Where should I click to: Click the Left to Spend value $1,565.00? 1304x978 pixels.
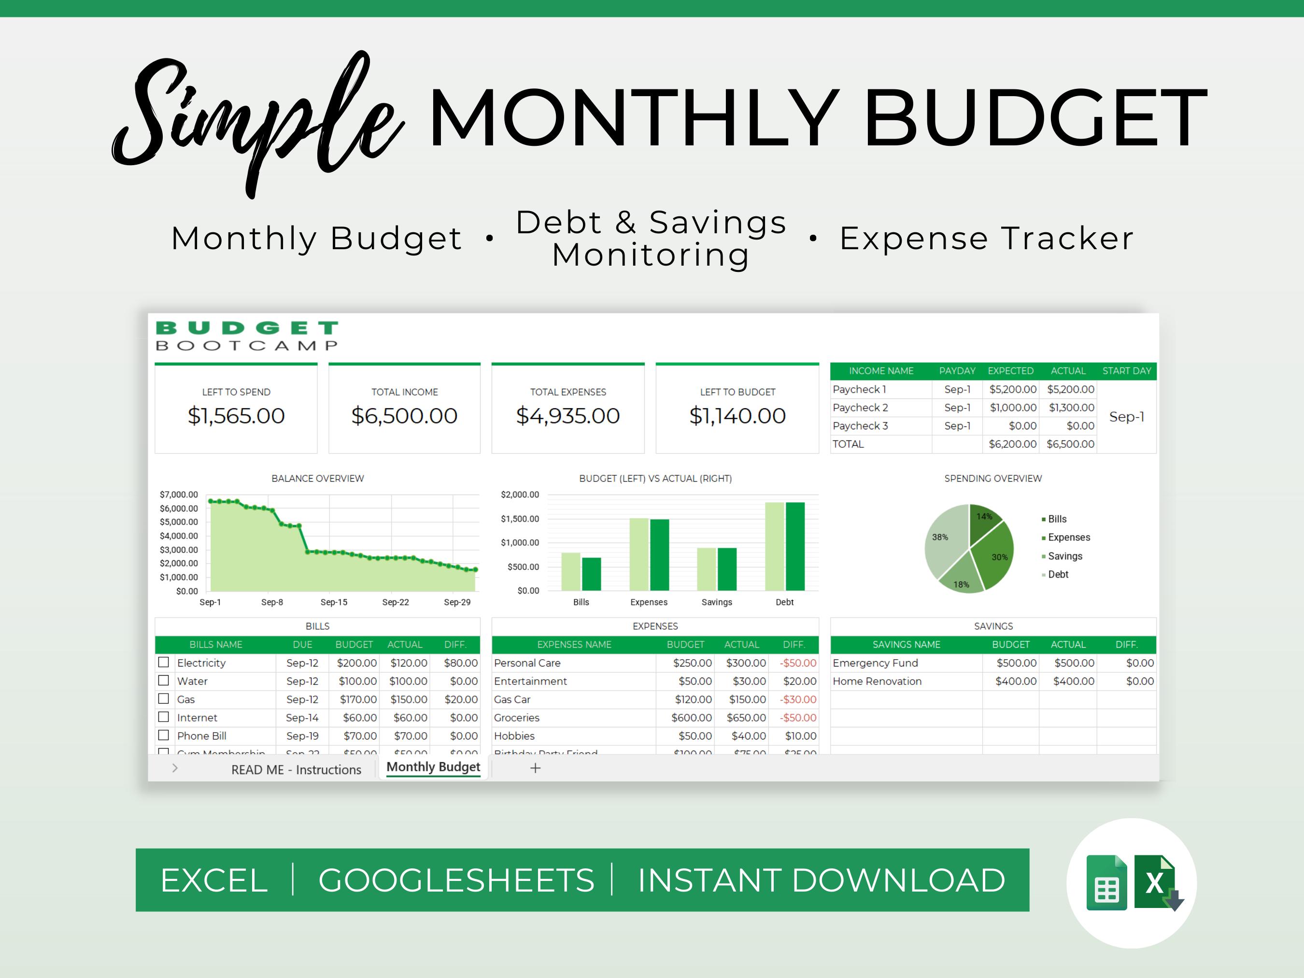236,416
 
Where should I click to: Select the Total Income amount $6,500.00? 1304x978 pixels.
404,416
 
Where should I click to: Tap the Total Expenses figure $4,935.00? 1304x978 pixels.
567,416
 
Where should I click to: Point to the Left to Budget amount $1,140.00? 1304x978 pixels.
737,416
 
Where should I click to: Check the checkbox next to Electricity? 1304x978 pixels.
164,662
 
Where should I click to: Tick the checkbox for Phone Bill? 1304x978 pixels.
164,735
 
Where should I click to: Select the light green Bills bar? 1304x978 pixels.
571,571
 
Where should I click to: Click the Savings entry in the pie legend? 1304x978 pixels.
1064,556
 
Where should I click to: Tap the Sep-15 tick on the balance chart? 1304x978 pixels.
334,602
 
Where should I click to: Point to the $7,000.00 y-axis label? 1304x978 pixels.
179,495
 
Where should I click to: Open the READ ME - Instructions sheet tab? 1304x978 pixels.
296,769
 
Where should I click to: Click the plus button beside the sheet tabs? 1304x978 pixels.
535,768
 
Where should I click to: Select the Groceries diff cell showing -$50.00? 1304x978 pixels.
798,717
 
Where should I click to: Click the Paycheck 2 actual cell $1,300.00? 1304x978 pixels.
1071,407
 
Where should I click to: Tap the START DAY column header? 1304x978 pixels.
1126,371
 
